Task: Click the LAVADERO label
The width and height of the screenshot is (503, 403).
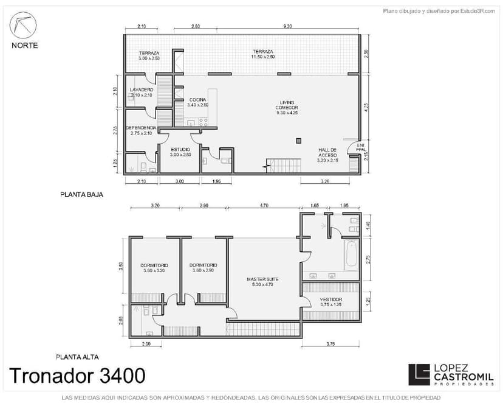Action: tap(142, 93)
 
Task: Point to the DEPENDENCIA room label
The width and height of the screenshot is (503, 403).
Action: tap(141, 130)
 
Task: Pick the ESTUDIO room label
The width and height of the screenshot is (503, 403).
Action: tap(180, 152)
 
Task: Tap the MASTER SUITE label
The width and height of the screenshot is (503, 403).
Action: tap(262, 282)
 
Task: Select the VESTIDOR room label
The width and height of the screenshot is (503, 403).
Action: tap(331, 302)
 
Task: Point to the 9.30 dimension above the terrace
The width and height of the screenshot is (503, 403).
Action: tap(288, 27)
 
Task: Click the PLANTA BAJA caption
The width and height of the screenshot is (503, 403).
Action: tap(81, 195)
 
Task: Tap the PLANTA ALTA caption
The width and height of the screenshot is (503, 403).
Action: tap(77, 357)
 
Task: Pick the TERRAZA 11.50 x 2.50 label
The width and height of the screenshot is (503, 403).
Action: tap(262, 54)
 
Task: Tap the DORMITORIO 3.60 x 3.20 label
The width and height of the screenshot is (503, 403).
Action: tap(154, 268)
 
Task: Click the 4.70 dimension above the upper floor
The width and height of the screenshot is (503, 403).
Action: tap(264, 206)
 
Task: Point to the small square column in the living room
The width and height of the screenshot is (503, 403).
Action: tap(298, 141)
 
